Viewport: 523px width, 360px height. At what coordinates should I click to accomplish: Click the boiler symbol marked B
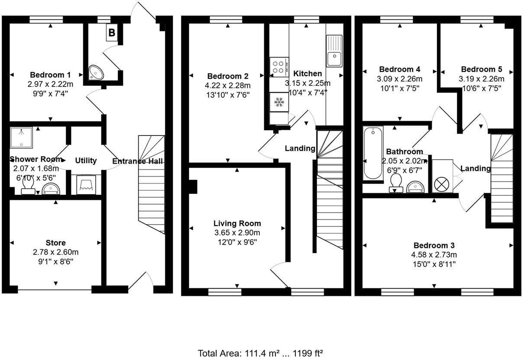[112, 32]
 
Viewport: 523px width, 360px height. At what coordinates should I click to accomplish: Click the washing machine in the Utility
[86, 185]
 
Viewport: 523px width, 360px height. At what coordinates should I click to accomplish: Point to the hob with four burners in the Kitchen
[278, 66]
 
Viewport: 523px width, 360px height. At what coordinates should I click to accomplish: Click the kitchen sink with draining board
[334, 51]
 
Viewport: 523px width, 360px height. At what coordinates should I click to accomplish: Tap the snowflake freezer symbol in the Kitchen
[278, 102]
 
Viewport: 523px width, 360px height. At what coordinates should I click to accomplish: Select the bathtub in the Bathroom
[373, 153]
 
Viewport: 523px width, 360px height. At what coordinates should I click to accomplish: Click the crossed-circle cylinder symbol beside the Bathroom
[442, 184]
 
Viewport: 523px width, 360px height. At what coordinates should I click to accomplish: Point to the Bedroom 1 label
[50, 74]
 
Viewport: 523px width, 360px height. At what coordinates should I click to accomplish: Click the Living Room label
[237, 223]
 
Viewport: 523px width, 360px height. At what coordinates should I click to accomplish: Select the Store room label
[56, 243]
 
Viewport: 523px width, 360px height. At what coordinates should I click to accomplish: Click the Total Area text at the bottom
[261, 353]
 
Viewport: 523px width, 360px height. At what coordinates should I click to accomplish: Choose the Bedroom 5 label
[481, 69]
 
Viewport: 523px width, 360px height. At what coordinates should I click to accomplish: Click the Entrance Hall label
[138, 161]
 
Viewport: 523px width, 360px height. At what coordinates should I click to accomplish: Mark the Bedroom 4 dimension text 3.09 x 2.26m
[400, 79]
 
